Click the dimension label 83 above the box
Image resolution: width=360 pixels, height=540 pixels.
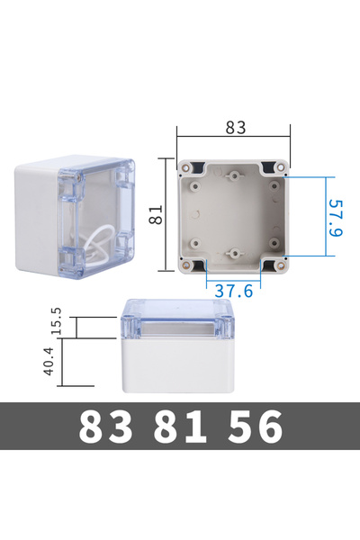[236, 128]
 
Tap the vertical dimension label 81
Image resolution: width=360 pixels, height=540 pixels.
[156, 214]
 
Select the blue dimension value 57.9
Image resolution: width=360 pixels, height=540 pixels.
[335, 218]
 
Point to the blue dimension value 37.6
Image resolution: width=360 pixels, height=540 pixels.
[234, 292]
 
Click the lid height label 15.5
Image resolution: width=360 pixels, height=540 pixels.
[56, 321]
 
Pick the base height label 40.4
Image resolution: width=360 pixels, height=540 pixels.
[49, 361]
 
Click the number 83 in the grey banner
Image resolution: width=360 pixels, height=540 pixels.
[105, 427]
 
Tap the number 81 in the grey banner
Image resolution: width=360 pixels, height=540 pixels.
[180, 427]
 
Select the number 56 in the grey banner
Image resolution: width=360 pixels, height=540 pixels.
[255, 427]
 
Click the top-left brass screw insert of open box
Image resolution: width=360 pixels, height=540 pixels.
[186, 168]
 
